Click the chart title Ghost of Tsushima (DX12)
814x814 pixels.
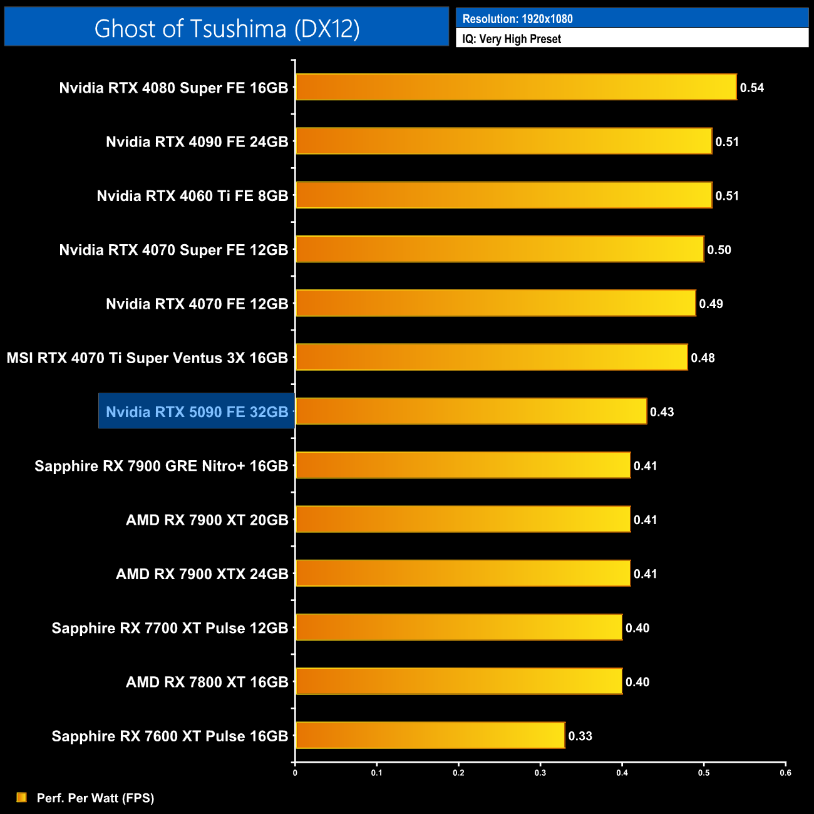point(227,28)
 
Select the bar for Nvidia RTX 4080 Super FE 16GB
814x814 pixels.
point(515,87)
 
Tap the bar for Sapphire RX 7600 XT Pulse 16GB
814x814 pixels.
point(430,735)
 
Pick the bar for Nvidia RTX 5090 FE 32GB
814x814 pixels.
point(471,411)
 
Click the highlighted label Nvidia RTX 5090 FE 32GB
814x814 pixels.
point(197,411)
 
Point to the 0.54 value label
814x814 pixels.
point(752,88)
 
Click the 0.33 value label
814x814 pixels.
point(580,736)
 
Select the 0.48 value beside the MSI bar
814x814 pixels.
point(703,358)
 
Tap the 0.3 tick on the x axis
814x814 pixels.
point(540,773)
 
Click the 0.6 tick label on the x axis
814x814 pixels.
point(785,773)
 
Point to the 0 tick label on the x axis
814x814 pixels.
point(295,773)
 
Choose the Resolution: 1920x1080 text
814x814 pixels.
point(517,19)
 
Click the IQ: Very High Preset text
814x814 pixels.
point(512,39)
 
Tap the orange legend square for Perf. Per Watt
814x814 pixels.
point(22,797)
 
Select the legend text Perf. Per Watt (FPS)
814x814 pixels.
point(95,798)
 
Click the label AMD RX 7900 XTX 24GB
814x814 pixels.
point(202,574)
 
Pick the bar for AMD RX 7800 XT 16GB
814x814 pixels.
point(459,681)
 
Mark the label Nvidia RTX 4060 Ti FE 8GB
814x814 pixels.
point(192,196)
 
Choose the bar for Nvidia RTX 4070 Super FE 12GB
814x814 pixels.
point(500,249)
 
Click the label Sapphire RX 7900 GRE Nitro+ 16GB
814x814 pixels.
point(162,466)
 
